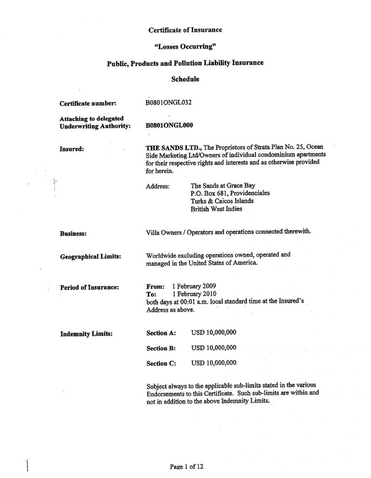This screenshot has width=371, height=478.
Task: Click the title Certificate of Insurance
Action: tap(185, 30)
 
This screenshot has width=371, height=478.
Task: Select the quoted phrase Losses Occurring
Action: tap(185, 47)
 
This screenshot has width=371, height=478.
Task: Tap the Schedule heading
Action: tap(185, 79)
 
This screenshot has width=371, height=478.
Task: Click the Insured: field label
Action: tap(72, 149)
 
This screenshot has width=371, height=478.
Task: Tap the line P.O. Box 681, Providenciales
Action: tap(230, 193)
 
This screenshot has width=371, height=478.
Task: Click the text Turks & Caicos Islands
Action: tap(222, 201)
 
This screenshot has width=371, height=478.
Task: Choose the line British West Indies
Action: tap(217, 209)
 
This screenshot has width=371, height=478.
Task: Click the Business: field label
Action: tap(73, 233)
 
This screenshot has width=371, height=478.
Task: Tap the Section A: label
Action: tap(161, 333)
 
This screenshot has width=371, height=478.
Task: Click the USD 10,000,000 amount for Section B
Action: tap(214, 348)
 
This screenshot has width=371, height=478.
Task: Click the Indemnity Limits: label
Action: tap(86, 333)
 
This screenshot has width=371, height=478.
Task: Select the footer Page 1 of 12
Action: tap(186, 466)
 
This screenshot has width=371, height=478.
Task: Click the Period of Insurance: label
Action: tap(89, 288)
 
